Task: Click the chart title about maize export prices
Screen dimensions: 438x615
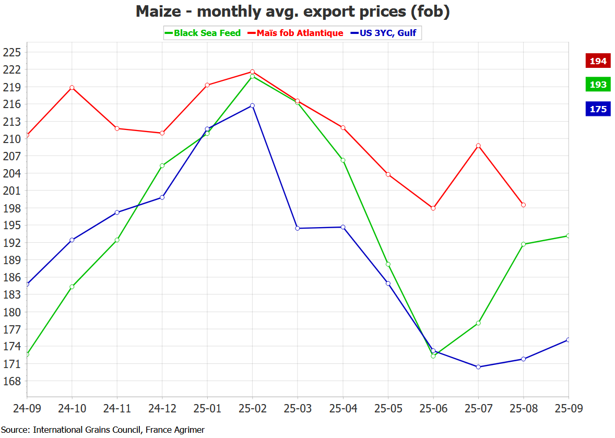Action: pos(292,11)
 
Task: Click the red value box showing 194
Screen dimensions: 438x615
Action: pos(598,61)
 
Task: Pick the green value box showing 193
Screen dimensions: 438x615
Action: pos(598,85)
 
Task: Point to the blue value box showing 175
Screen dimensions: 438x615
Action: pos(598,109)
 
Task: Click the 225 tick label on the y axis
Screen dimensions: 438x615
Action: pos(11,52)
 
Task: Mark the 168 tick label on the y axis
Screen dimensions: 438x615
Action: pos(11,381)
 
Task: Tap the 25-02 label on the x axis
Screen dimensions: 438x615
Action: pos(252,408)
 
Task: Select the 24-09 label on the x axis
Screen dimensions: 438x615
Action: pos(27,408)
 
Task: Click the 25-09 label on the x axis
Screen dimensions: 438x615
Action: pos(568,408)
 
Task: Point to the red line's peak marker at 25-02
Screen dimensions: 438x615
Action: pos(252,72)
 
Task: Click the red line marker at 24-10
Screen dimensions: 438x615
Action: pos(72,87)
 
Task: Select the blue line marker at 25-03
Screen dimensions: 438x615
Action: pos(298,228)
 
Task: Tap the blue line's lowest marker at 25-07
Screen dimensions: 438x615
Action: pos(478,367)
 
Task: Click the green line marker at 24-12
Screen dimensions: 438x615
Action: pos(162,165)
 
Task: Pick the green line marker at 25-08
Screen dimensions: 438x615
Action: pos(523,244)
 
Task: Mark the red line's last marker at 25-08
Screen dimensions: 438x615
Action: pos(523,205)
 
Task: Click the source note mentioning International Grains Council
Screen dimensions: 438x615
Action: pos(103,430)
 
